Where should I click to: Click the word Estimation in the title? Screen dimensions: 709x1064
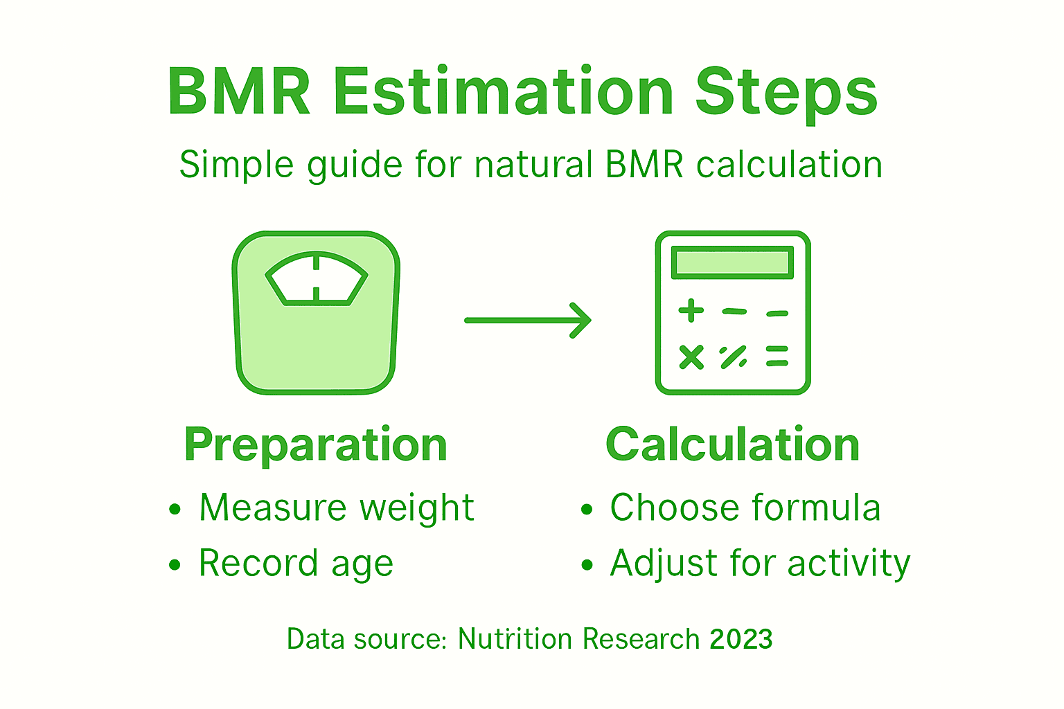click(x=504, y=92)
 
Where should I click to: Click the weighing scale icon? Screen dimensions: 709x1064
click(x=316, y=313)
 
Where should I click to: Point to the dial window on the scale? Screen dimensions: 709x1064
click(x=317, y=279)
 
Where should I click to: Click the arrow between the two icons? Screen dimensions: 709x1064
click(x=527, y=320)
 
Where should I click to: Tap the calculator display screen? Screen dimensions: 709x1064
click(x=732, y=262)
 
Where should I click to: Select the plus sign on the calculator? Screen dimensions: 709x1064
click(x=691, y=311)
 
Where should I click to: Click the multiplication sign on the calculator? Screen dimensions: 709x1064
click(x=691, y=357)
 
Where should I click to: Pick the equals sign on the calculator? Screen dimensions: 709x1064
click(x=777, y=356)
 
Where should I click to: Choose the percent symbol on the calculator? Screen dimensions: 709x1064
click(x=733, y=357)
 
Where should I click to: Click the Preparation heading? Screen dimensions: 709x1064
click(x=316, y=445)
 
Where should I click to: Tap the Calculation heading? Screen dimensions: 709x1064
click(x=732, y=445)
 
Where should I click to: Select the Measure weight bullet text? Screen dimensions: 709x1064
click(x=337, y=508)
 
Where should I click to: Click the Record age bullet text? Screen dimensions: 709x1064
click(x=296, y=563)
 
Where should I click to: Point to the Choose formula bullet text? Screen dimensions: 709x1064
click(x=745, y=508)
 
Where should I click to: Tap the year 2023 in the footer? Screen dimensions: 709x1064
click(x=741, y=638)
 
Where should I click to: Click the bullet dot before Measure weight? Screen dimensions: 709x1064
click(x=175, y=510)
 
